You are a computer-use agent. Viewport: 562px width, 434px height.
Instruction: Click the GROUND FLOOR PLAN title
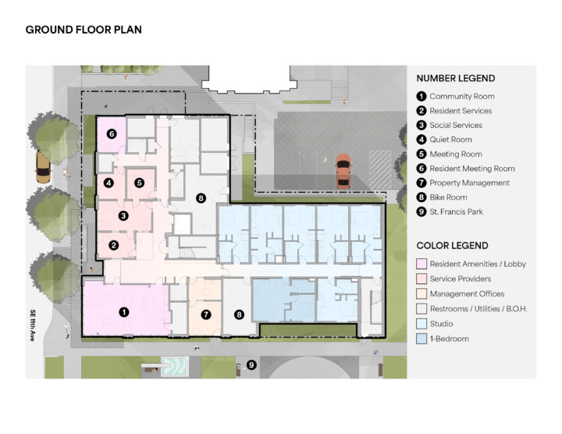point(84,30)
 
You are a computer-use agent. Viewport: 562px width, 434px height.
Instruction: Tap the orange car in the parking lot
point(343,171)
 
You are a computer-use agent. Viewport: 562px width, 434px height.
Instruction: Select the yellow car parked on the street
point(43,167)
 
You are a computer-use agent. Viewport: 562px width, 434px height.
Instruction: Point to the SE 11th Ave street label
point(33,325)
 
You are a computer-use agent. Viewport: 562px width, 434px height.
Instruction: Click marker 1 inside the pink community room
point(124,312)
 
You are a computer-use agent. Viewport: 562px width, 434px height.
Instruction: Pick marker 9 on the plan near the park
point(251,365)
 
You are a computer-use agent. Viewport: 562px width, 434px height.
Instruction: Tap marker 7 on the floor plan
point(206,315)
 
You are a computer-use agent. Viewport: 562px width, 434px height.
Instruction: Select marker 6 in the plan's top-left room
point(112,134)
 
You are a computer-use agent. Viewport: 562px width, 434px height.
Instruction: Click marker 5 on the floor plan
point(140,183)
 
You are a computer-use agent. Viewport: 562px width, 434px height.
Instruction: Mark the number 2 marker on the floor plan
point(114,245)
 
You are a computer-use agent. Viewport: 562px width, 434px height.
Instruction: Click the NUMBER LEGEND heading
point(456,78)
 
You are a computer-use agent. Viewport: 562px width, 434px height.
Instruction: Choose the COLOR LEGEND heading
point(452,246)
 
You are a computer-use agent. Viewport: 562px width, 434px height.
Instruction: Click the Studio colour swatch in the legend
point(421,324)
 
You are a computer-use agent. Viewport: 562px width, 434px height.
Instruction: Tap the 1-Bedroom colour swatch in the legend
point(421,339)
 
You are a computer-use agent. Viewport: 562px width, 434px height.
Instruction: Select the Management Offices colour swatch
point(421,293)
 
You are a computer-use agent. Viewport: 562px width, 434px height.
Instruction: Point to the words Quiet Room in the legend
point(450,140)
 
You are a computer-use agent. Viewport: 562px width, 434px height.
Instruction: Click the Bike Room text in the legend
point(448,197)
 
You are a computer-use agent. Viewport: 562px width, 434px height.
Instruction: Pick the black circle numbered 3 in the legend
point(421,125)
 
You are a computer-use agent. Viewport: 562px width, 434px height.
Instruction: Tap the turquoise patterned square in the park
point(174,366)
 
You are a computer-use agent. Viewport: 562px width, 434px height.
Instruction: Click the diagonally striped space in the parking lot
point(380,169)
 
